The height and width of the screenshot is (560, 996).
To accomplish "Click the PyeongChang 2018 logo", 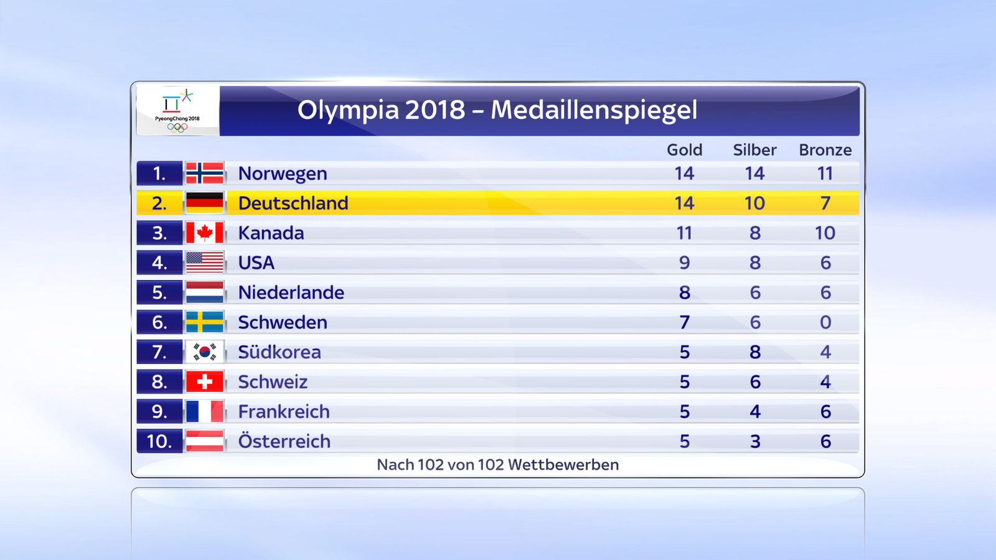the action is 177,111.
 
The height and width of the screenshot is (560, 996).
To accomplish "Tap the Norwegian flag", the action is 205,174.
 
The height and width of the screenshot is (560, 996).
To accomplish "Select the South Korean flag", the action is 205,352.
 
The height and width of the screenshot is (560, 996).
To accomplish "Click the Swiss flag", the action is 205,382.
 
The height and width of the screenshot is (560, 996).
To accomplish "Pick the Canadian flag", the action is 205,233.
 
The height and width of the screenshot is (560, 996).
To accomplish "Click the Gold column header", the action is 684,150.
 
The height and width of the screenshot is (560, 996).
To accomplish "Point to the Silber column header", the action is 754,150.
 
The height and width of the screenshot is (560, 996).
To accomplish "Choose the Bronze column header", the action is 825,150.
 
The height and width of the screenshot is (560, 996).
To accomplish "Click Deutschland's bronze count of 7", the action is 825,203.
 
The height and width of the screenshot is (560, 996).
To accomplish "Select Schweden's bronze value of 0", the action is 825,322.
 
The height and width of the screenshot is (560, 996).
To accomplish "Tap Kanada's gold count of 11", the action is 684,233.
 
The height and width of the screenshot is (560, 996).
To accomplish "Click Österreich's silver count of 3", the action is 755,441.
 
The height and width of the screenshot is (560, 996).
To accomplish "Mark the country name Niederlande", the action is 291,292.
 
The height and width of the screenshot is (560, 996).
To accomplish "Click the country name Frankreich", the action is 284,411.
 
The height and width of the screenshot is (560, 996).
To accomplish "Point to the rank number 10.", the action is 159,441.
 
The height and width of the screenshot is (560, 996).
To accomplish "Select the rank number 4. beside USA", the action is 159,263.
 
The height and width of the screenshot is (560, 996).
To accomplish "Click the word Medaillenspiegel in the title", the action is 594,110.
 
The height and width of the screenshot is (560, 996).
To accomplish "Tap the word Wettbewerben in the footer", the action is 563,465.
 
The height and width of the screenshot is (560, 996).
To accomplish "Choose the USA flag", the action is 205,263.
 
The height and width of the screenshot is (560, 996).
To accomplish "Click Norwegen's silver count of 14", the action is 754,174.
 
